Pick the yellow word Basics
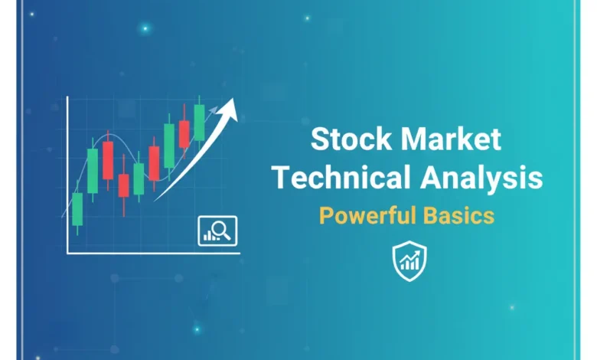pyautogui.click(x=461, y=214)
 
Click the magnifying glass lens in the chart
pyautogui.click(x=222, y=227)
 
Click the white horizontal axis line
pyautogui.click(x=153, y=253)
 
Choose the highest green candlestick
pyautogui.click(x=200, y=121)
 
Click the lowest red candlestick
pyautogui.click(x=124, y=185)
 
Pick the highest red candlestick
pyautogui.click(x=184, y=133)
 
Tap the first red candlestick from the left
pyautogui.click(x=108, y=160)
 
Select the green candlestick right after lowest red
pyautogui.click(x=139, y=178)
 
